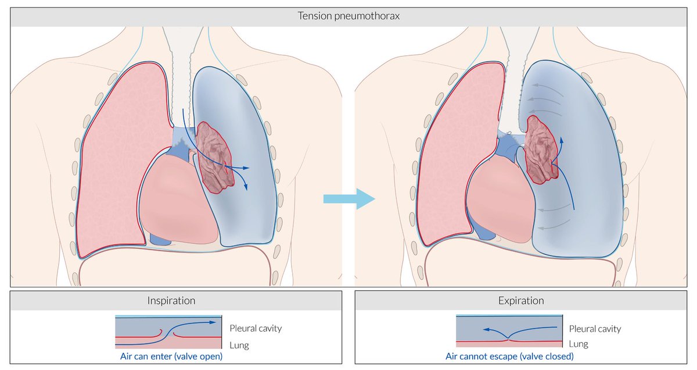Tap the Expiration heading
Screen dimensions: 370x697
[521, 301]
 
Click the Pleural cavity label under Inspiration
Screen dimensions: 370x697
[256, 328]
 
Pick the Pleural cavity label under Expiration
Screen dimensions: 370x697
[595, 329]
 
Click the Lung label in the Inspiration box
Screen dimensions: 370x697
[239, 345]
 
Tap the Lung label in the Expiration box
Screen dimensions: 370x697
[579, 344]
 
